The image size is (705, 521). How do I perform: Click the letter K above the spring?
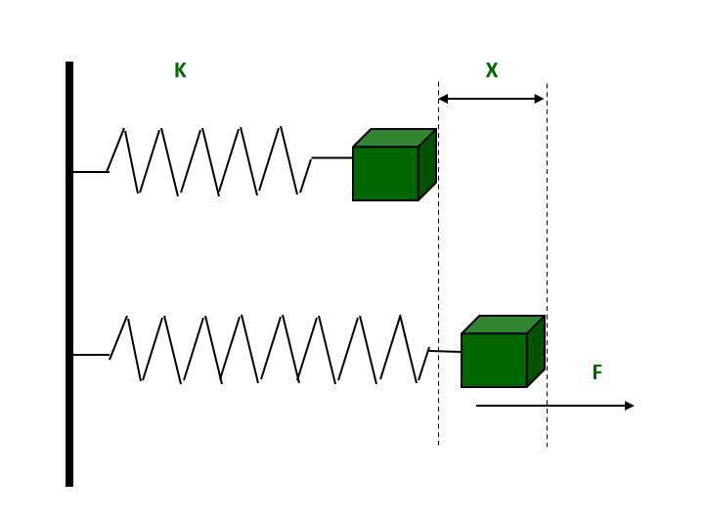(x=180, y=71)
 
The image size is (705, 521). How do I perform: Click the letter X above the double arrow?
(x=492, y=71)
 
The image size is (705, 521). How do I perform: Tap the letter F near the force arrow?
(x=596, y=373)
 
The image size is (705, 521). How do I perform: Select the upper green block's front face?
(x=385, y=174)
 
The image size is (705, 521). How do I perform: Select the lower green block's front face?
(x=494, y=361)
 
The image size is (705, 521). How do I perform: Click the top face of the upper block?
(x=394, y=138)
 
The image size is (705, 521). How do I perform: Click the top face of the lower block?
(x=503, y=325)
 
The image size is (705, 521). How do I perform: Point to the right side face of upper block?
(x=427, y=164)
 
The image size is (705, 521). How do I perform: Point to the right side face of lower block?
(x=536, y=351)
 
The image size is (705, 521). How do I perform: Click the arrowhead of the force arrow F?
(x=629, y=406)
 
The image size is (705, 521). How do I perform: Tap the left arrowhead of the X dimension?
(x=443, y=99)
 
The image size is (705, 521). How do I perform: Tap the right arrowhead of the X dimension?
(x=539, y=99)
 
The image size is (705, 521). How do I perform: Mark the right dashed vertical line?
(x=547, y=244)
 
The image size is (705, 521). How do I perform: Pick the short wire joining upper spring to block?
(x=332, y=157)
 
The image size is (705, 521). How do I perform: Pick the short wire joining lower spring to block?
(x=445, y=351)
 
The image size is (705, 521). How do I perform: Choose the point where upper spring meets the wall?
(x=74, y=172)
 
